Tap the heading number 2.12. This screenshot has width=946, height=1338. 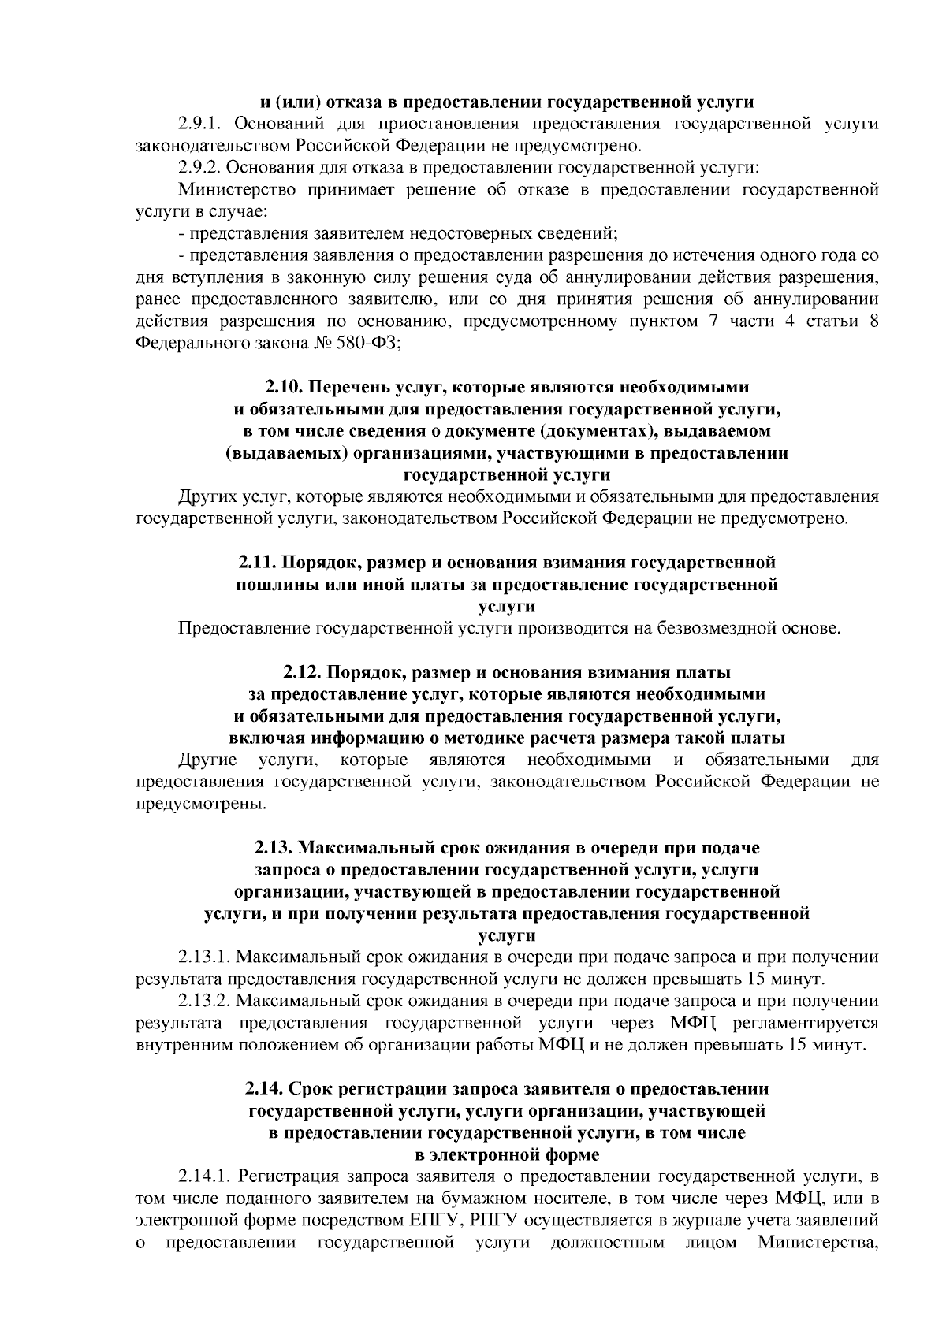pos(303,673)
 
